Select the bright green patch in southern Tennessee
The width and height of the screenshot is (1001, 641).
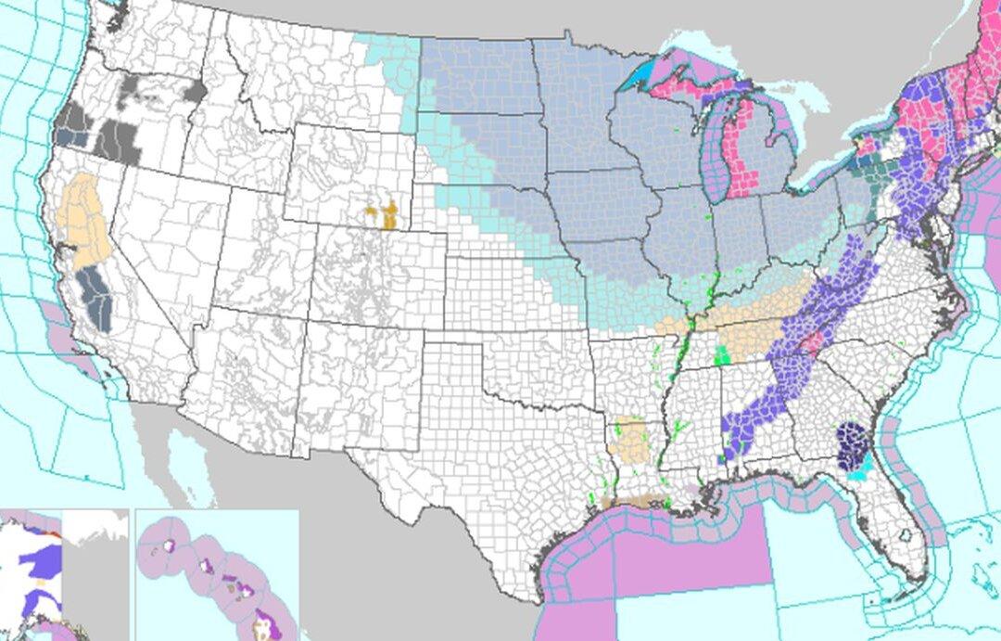[x=723, y=354]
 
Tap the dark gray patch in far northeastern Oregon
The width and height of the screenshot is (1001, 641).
[x=196, y=91]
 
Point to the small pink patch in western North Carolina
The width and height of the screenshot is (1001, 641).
[x=812, y=344]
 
